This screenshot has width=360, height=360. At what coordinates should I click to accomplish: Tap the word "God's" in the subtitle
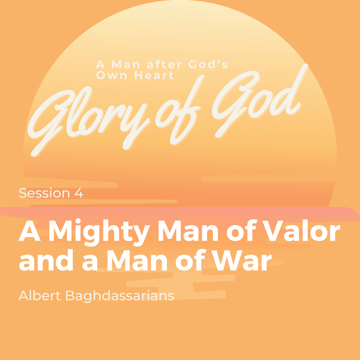point(208,64)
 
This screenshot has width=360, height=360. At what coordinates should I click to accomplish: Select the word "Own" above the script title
point(111,75)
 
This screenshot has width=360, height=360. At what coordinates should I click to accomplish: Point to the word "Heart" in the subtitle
point(154,75)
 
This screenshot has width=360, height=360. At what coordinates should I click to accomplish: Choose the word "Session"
point(44,193)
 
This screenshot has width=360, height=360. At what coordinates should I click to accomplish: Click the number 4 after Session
point(78,193)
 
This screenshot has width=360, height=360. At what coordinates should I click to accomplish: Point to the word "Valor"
point(301,230)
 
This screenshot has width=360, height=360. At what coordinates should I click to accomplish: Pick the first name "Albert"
point(40,296)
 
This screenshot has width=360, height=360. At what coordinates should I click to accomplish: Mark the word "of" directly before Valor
point(241,230)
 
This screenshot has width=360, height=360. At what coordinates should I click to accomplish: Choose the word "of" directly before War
point(191,260)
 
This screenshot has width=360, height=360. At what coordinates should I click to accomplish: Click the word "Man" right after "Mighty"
point(188,231)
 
